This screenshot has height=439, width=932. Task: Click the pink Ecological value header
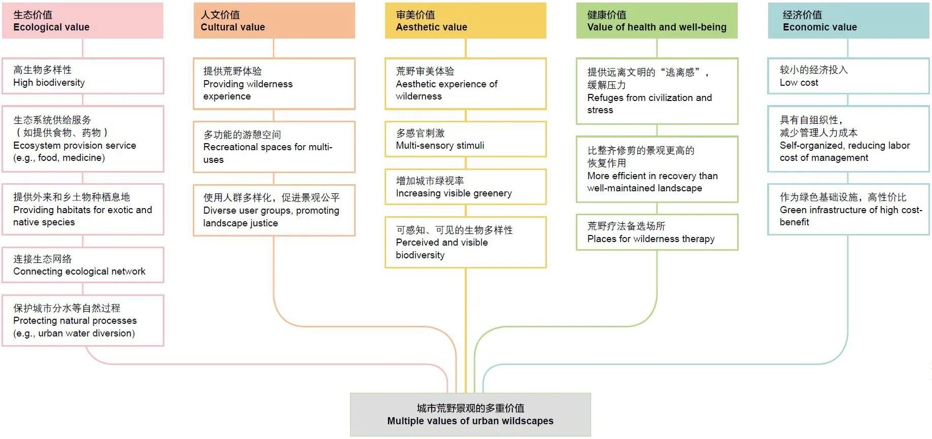click(83, 21)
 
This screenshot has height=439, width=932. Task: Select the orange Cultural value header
click(274, 21)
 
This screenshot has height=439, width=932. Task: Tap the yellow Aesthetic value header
click(465, 21)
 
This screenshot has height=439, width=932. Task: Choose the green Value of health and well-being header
click(657, 21)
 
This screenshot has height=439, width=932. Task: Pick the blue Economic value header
click(848, 21)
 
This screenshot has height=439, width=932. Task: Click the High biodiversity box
click(83, 76)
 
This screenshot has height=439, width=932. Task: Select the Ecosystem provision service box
click(83, 139)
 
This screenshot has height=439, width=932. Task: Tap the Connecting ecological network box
click(83, 265)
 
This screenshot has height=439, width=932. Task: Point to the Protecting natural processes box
click(83, 320)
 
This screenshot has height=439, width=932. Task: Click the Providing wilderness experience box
click(274, 84)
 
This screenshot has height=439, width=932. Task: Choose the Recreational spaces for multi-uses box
click(274, 147)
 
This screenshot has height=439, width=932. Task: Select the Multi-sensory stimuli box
click(465, 139)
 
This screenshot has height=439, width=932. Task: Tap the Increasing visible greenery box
click(465, 187)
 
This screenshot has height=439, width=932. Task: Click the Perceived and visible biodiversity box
click(465, 242)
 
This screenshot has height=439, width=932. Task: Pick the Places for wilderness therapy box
click(657, 232)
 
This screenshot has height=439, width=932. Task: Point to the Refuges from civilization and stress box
click(657, 91)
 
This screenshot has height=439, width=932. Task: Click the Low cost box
click(848, 76)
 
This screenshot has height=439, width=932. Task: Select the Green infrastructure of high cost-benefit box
click(848, 209)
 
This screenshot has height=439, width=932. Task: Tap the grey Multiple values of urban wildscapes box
click(470, 415)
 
